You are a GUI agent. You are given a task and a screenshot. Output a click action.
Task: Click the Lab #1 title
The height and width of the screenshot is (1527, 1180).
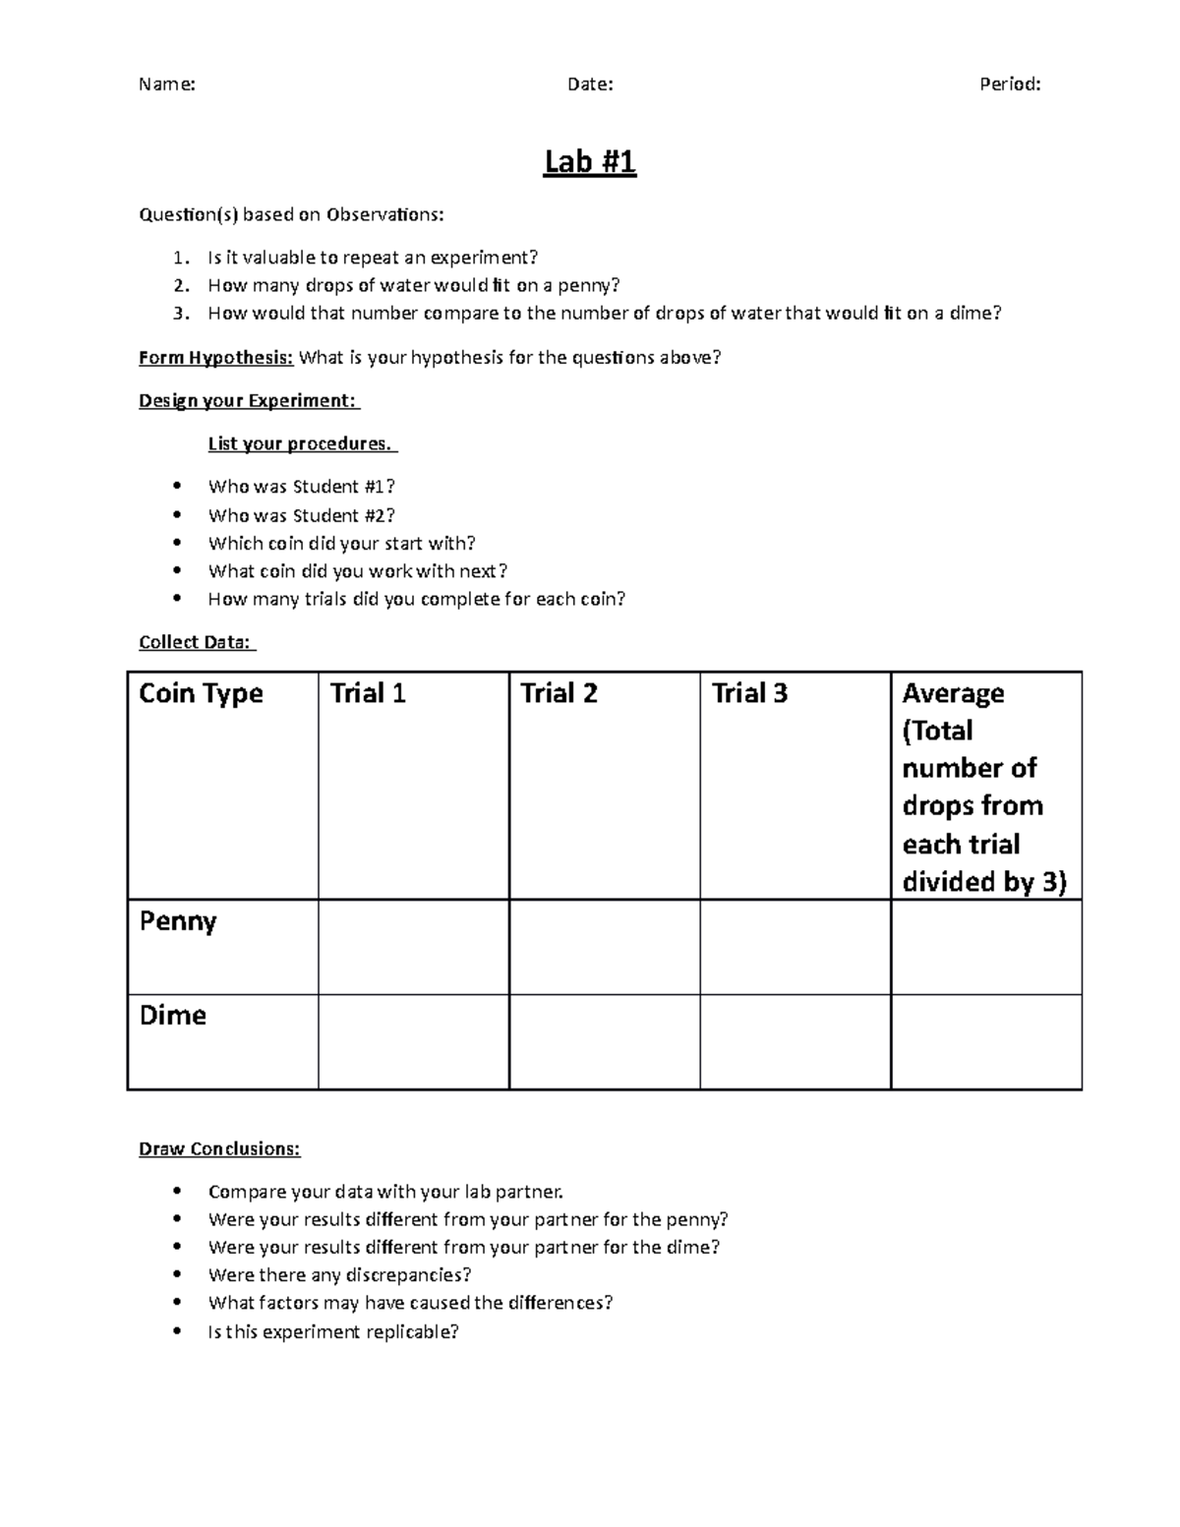point(590,161)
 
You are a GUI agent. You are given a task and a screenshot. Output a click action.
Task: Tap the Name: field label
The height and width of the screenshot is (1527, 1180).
point(166,85)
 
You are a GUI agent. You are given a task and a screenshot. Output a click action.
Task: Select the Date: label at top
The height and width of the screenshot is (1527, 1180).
point(590,85)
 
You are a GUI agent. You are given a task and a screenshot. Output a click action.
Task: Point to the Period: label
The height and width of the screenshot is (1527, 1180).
point(1010,85)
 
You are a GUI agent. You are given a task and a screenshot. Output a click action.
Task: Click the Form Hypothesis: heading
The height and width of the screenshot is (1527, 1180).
point(216,358)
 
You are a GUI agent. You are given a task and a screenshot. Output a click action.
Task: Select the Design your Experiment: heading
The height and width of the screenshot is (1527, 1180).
point(249,401)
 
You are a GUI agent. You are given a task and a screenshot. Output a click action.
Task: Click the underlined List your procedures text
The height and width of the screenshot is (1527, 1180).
point(302,443)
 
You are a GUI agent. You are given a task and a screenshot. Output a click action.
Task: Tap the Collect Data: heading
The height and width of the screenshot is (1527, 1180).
point(197,642)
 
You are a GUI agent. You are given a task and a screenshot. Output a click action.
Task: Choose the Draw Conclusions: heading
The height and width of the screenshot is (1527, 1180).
point(219,1148)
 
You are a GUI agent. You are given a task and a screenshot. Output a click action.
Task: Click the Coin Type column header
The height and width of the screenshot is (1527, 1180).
point(201,693)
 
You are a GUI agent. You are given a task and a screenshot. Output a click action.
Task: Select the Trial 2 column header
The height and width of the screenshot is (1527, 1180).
point(559,693)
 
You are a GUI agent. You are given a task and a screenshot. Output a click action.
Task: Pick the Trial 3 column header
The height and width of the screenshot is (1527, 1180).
point(749,693)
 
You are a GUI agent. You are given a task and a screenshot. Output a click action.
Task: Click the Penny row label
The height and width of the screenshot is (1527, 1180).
point(178,921)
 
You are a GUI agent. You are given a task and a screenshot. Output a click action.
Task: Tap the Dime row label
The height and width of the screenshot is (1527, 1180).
point(173,1015)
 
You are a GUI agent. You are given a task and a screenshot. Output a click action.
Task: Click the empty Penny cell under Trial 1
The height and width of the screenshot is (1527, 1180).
point(413,947)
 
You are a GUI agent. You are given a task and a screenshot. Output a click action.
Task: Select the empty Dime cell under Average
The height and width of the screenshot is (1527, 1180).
point(985,1041)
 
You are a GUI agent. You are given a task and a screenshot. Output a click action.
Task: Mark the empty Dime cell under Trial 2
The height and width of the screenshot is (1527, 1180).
point(604,1041)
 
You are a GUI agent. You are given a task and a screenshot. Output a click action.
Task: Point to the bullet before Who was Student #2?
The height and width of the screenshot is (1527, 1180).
point(177,514)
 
